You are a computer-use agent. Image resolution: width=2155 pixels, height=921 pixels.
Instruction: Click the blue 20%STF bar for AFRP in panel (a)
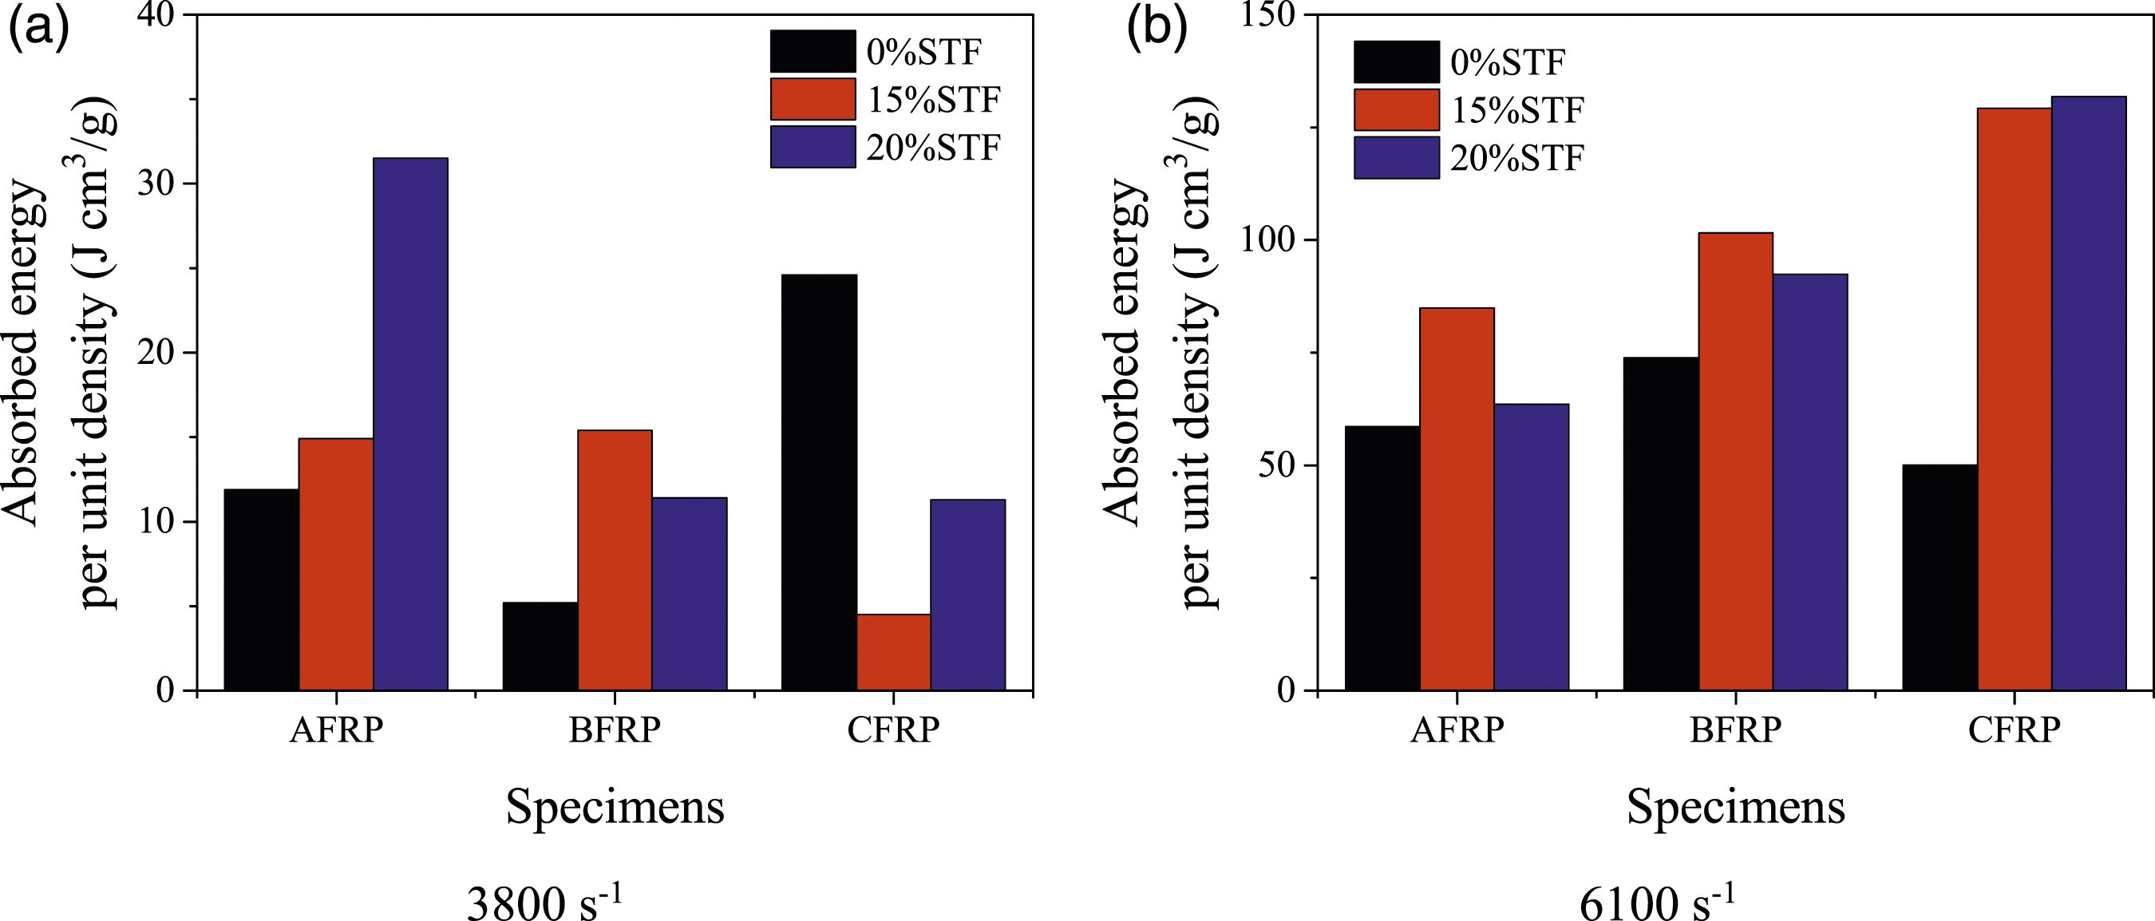tap(410, 424)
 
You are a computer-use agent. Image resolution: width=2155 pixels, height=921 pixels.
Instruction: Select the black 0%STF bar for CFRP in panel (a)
tap(819, 483)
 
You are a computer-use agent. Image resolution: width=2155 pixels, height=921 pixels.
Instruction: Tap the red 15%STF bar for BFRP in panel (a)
tap(615, 560)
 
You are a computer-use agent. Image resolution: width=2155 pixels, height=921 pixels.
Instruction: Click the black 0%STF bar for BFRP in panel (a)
tap(540, 646)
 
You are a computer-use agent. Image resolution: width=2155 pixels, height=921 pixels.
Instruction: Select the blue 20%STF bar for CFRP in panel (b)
tap(2089, 393)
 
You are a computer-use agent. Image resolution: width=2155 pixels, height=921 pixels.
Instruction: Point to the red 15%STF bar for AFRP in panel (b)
tap(1457, 500)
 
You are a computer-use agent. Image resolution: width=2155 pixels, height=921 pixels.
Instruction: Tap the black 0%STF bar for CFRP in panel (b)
tap(1940, 578)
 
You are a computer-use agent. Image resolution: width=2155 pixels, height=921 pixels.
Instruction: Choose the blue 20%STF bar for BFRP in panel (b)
tap(1810, 483)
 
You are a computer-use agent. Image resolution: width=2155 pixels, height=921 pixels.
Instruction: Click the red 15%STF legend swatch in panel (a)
tap(813, 99)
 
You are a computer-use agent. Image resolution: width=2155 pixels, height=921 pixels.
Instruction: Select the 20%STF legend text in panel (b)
tap(1516, 158)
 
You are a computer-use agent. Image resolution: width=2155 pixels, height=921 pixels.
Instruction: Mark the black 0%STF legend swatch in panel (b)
tap(1396, 62)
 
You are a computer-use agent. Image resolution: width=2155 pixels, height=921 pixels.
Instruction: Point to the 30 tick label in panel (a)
tap(156, 184)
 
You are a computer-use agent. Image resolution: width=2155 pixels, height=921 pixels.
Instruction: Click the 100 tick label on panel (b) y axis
tap(1268, 239)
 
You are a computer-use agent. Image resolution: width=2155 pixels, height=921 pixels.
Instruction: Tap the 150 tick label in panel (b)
tap(1268, 15)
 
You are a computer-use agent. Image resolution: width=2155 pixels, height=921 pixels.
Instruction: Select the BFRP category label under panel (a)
tap(615, 730)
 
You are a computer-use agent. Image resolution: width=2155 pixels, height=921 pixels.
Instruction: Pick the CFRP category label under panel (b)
tap(2014, 730)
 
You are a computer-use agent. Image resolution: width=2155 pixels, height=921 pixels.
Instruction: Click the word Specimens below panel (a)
tap(615, 806)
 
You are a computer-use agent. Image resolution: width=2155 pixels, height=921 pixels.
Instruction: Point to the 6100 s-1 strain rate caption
tap(1657, 900)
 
